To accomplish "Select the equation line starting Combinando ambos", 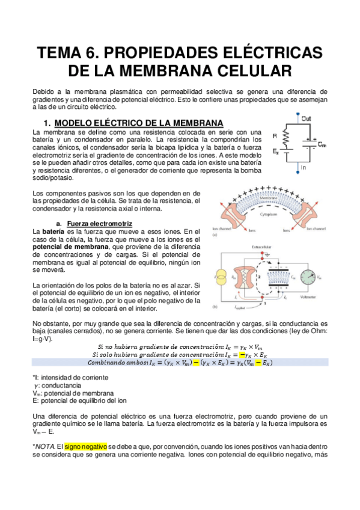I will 180,363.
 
